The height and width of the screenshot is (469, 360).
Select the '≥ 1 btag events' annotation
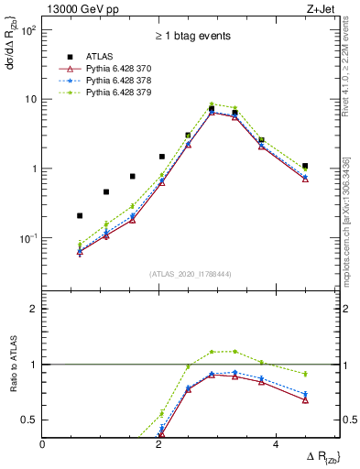(x=191, y=36)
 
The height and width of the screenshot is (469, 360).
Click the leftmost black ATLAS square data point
(x=80, y=216)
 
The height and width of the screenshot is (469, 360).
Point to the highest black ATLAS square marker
(x=212, y=109)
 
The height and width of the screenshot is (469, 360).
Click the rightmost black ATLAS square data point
(x=305, y=166)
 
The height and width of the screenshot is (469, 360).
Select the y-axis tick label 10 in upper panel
(x=30, y=99)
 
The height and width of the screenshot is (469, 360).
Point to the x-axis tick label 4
(x=275, y=444)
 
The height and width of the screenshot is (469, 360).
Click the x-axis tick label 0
(x=43, y=444)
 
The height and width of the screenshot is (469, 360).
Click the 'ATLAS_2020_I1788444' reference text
(x=191, y=274)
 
